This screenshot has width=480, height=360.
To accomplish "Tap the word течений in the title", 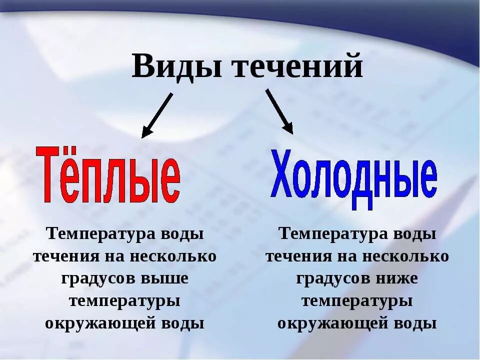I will coord(298,66).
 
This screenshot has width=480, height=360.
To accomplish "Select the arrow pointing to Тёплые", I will coord(157,115).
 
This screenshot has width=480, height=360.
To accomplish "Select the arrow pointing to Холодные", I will coord(279,111).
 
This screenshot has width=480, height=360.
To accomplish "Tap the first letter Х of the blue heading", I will coord(281,172).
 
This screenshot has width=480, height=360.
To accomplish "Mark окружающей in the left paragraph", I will coord(100,323).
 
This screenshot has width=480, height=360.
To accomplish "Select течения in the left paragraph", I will coord(66,256).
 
